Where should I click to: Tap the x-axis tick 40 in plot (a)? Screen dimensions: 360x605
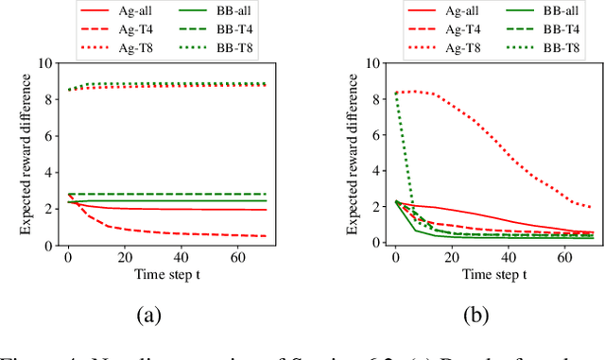point(176,257)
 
